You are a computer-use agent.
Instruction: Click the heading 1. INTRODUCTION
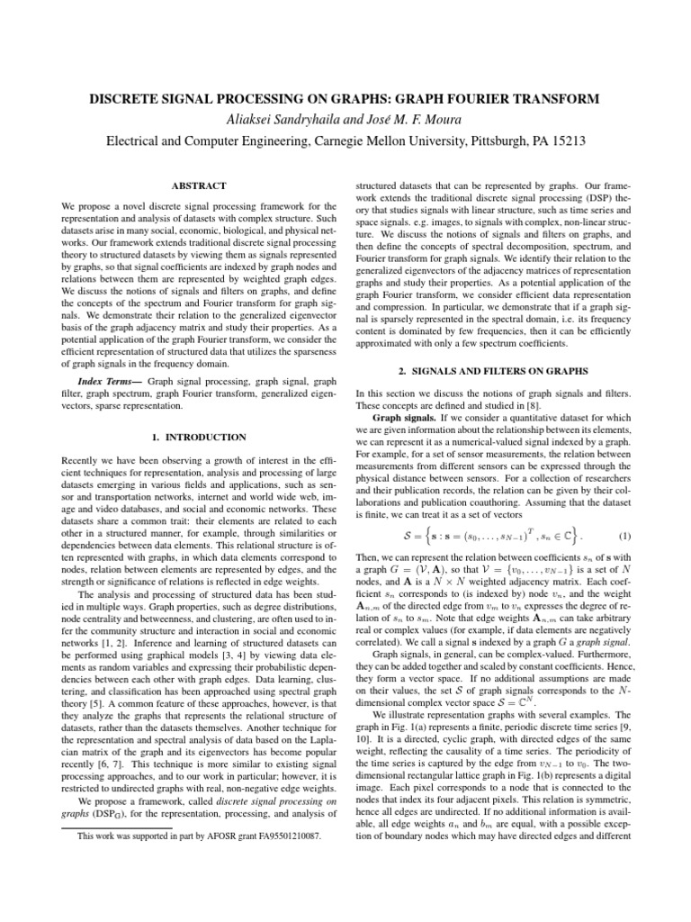[x=198, y=437]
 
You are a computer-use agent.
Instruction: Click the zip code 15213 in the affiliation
[x=563, y=141]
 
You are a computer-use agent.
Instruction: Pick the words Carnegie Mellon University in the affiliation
[x=389, y=141]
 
